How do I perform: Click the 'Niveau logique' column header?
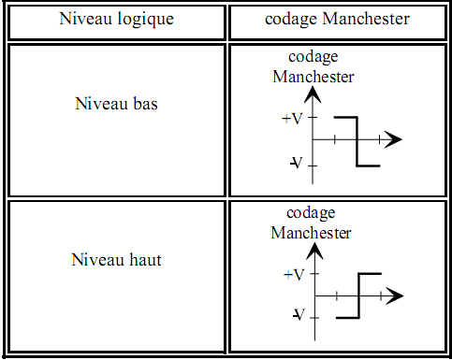[115, 18]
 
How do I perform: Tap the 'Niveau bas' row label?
[116, 103]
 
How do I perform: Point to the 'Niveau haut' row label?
[116, 259]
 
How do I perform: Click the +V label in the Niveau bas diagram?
[292, 119]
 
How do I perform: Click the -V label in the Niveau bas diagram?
[296, 164]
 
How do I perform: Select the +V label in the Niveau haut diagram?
[292, 275]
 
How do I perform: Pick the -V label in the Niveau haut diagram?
[297, 315]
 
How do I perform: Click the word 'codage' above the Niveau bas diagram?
[313, 58]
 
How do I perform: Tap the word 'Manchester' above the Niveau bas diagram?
[313, 77]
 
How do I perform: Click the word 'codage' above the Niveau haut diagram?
[311, 213]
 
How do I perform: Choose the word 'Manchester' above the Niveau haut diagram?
[311, 232]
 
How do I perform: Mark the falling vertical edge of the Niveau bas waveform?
[357, 142]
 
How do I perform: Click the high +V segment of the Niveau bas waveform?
[345, 118]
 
